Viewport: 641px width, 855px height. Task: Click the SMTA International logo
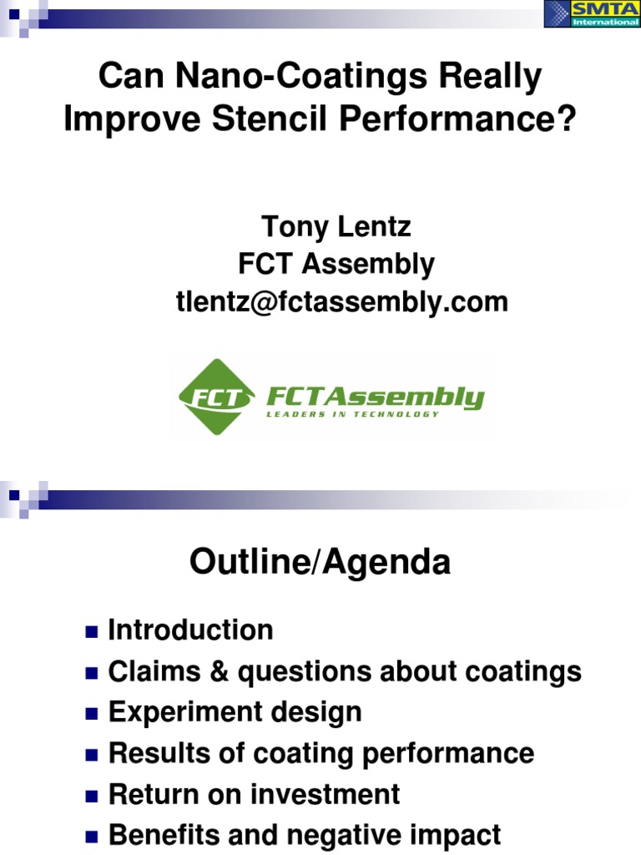[593, 14]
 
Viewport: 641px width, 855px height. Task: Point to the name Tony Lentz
[336, 226]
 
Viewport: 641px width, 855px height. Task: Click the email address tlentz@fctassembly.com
[341, 301]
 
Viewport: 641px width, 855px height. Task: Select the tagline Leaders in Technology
[352, 414]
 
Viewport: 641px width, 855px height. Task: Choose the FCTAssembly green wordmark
[375, 395]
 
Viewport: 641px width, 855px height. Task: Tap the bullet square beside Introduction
[92, 630]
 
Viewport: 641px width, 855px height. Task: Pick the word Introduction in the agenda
[190, 630]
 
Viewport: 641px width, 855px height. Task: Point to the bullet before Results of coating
[92, 754]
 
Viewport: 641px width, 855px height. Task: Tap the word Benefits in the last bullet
[164, 835]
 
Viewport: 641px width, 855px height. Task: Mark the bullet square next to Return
[92, 795]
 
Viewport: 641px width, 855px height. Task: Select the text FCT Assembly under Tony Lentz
[336, 264]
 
